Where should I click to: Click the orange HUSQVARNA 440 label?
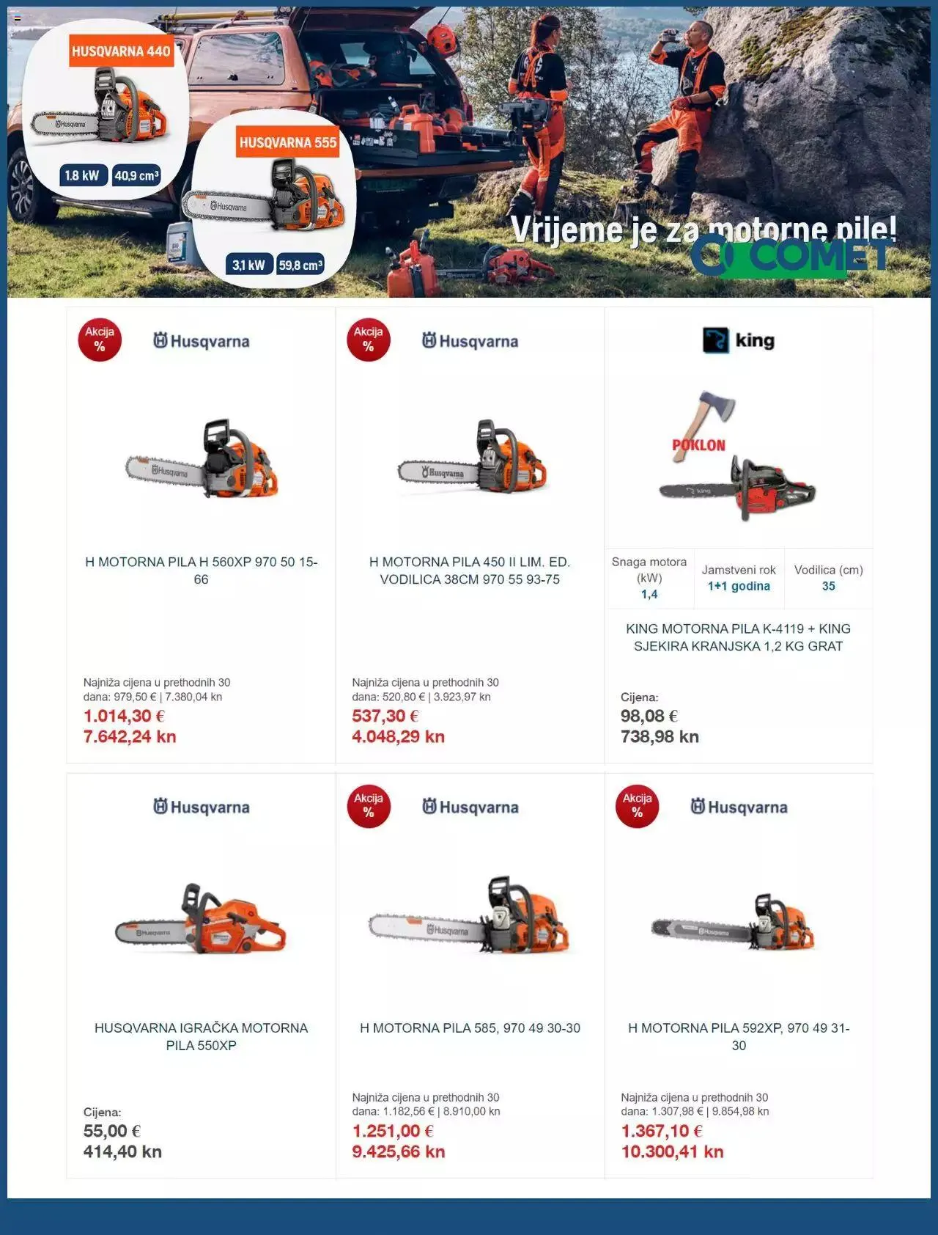(121, 51)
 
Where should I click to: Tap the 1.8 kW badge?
(81, 175)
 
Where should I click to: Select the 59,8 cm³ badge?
(300, 265)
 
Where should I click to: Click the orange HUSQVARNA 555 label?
(288, 142)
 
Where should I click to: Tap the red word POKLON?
(698, 445)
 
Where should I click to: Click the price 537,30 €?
(385, 716)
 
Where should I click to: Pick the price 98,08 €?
(649, 716)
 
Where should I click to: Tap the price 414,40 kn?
(122, 1151)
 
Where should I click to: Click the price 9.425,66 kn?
(399, 1151)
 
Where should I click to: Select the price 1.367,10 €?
(662, 1131)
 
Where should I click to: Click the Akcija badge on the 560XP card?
(100, 340)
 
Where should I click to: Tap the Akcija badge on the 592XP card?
(637, 806)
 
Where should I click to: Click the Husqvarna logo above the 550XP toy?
(202, 807)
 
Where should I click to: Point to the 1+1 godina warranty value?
(739, 586)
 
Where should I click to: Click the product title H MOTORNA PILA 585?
(470, 1028)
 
